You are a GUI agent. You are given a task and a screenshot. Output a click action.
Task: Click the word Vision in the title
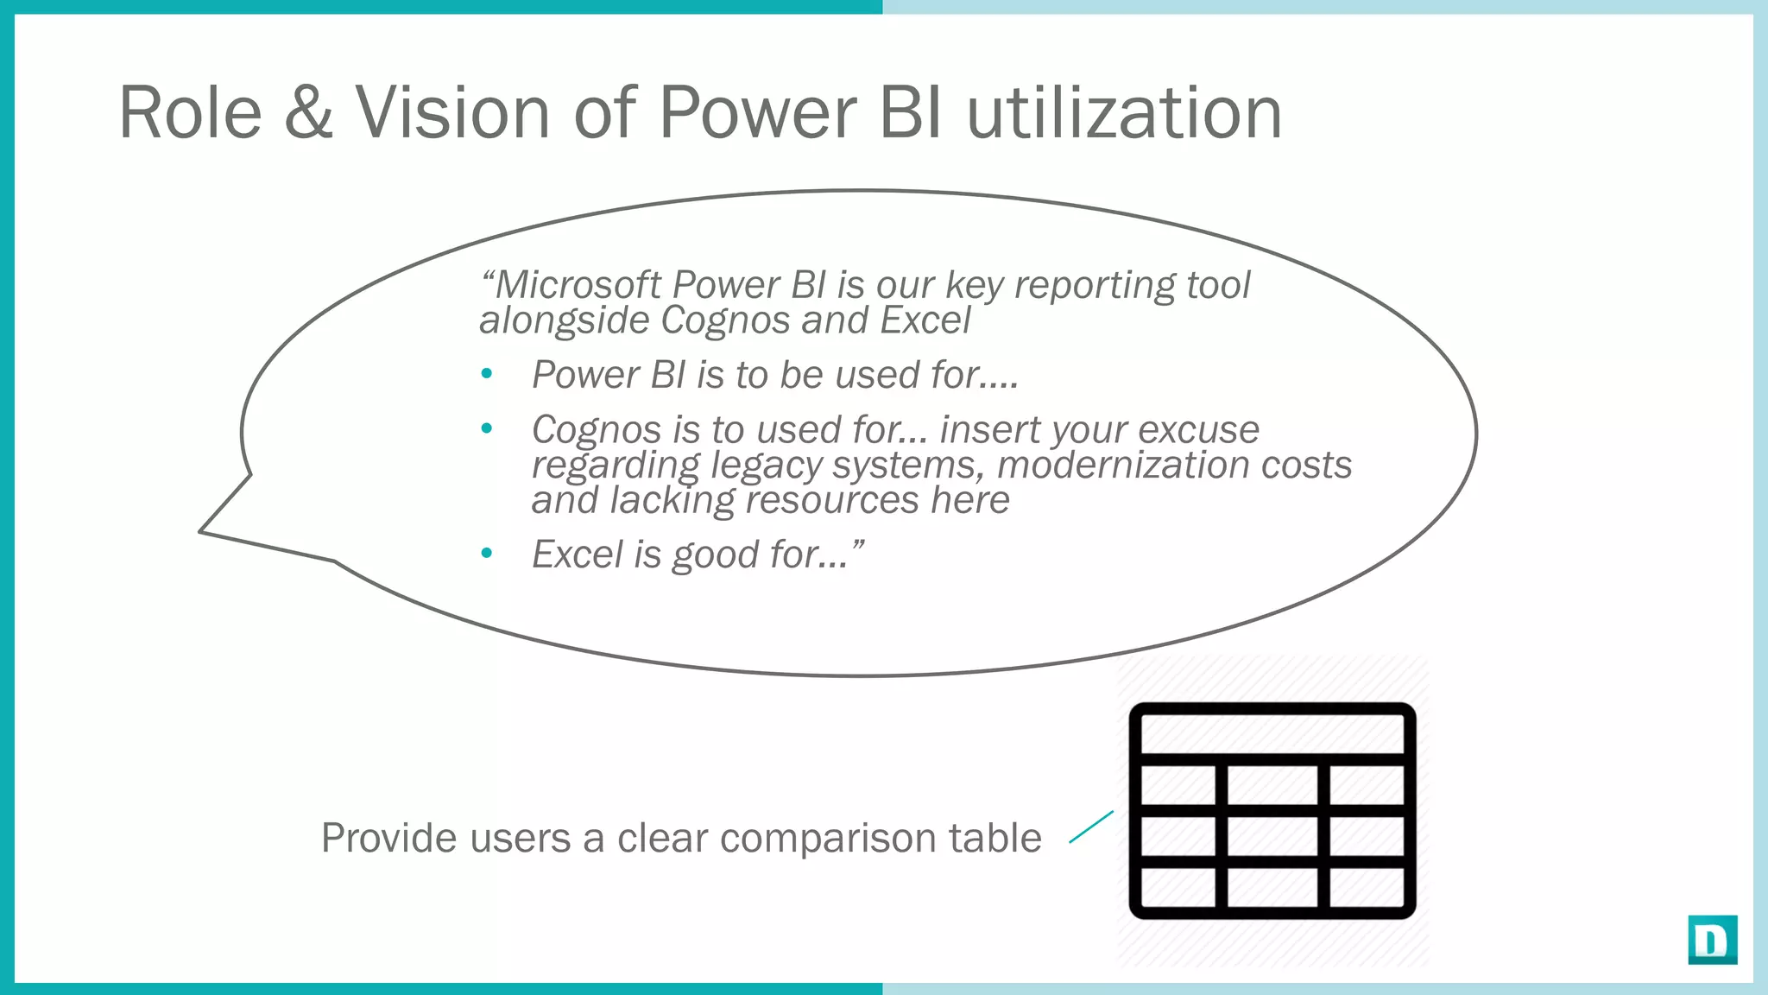[452, 112]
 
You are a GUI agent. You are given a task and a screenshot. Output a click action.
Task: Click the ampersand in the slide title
[308, 112]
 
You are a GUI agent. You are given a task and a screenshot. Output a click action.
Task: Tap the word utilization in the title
[1123, 112]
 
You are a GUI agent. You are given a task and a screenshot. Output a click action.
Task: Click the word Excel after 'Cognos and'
[925, 320]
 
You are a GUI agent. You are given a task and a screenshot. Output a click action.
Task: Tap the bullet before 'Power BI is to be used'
[487, 374]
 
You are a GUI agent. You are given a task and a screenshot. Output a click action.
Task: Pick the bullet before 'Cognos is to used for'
[487, 428]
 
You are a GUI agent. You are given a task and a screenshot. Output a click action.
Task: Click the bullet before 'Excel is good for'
[487, 553]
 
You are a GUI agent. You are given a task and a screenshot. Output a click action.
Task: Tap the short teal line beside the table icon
[1090, 827]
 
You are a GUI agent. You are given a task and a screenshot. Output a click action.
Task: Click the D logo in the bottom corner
[1712, 940]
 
